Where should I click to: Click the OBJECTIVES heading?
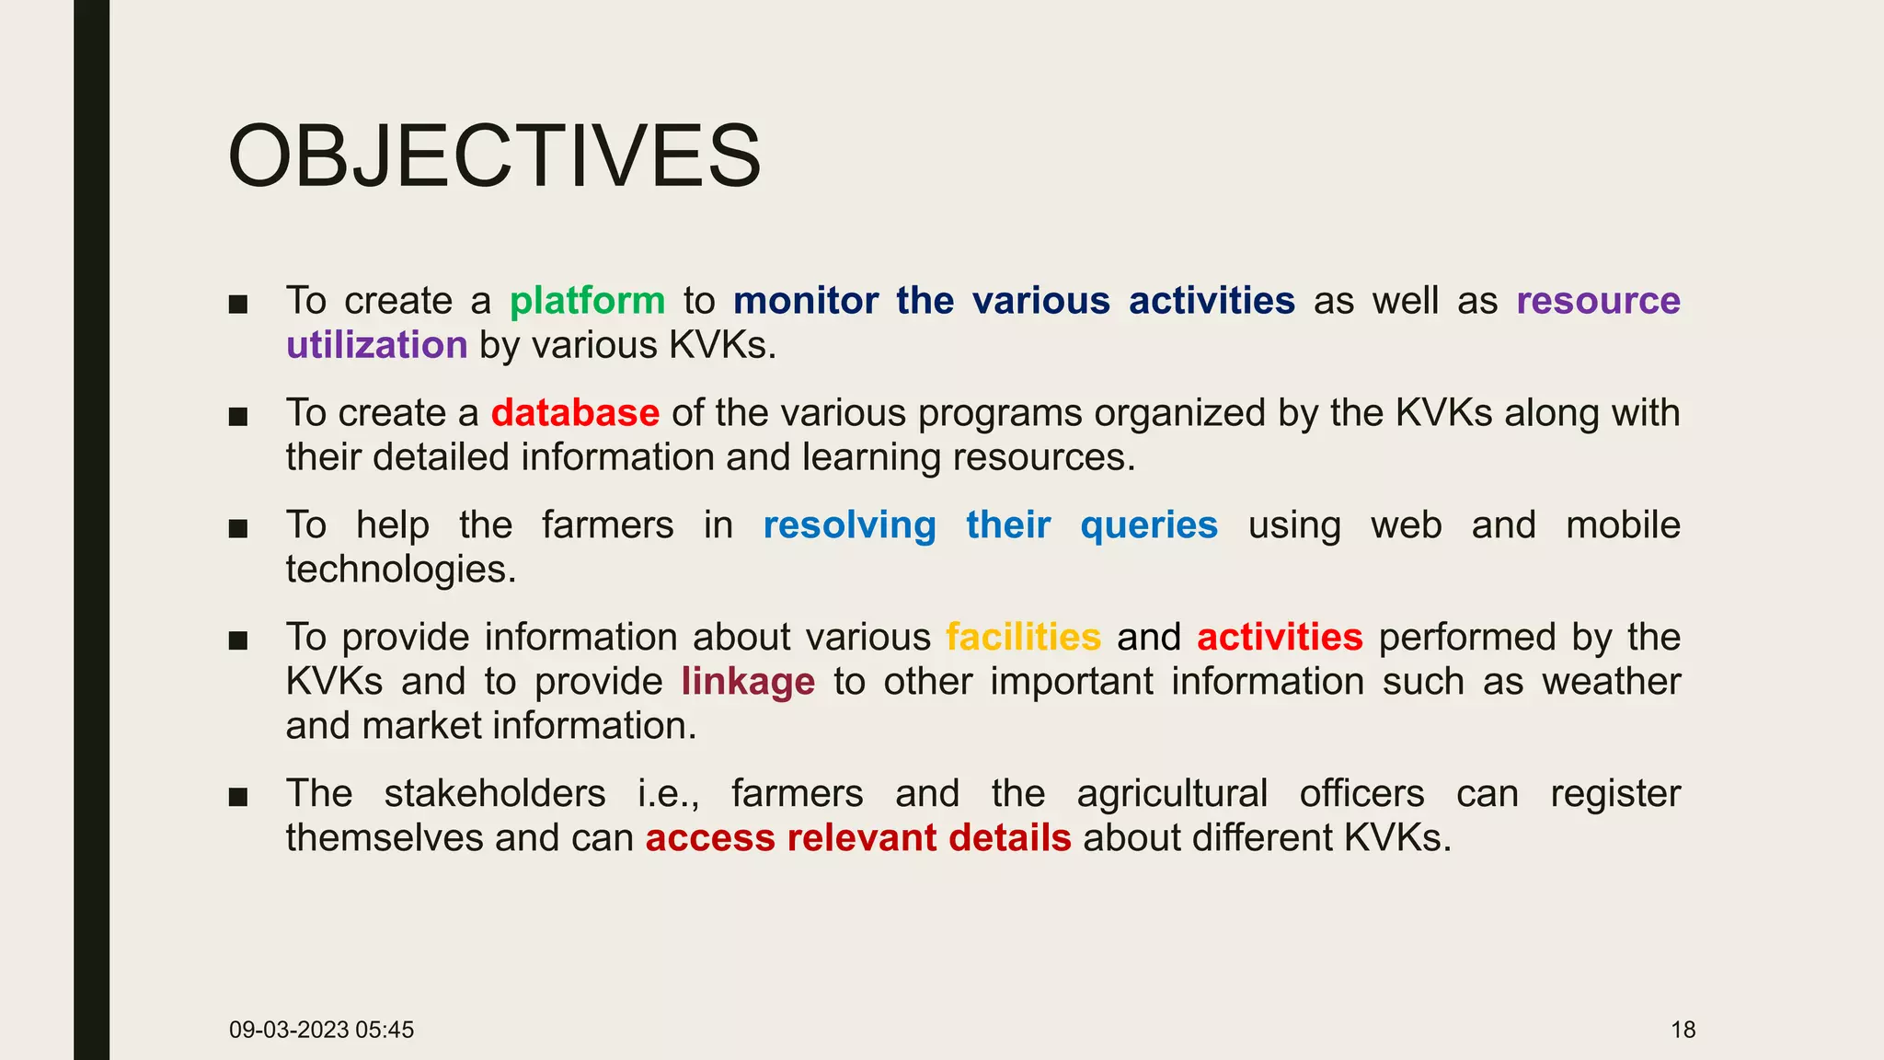click(x=494, y=156)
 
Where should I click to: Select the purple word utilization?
click(x=376, y=346)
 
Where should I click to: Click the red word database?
click(x=575, y=413)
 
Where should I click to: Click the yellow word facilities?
click(x=1023, y=638)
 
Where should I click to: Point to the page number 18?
click(x=1683, y=1030)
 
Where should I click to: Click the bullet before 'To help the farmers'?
click(x=238, y=528)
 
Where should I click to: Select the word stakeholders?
click(x=495, y=794)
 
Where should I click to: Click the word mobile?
click(x=1623, y=525)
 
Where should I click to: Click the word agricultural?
click(x=1172, y=794)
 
